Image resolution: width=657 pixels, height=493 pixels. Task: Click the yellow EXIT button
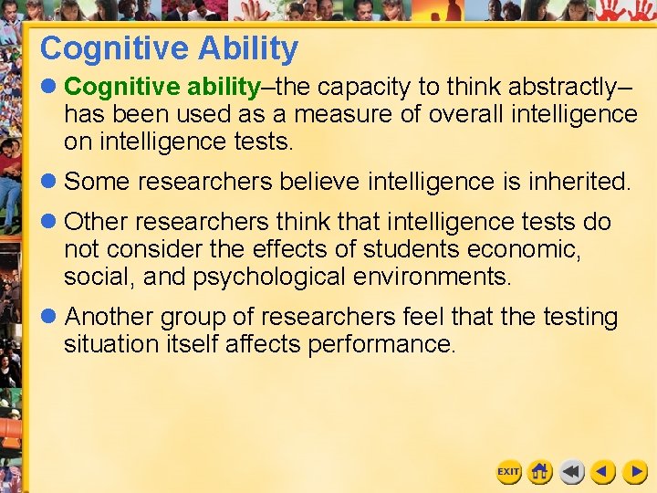click(x=508, y=472)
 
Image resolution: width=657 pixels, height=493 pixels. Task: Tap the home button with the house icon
click(x=540, y=472)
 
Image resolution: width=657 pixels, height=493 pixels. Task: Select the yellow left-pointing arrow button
click(x=602, y=472)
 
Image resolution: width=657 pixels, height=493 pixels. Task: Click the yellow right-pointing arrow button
click(x=635, y=472)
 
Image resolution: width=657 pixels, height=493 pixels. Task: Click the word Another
click(x=109, y=318)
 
